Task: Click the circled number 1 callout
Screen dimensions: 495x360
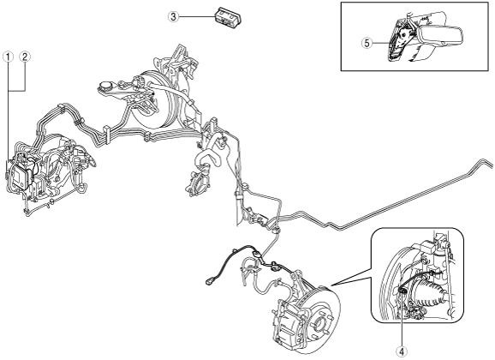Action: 9,57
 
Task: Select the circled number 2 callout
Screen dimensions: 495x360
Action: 25,57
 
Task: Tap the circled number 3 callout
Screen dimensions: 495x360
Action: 173,16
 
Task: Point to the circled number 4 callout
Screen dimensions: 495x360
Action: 402,351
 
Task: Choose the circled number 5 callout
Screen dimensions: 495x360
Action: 367,43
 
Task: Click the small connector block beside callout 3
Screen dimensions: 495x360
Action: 227,16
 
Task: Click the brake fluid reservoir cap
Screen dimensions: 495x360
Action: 105,86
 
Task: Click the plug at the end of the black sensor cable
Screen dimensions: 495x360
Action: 210,279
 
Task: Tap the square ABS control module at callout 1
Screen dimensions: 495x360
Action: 21,175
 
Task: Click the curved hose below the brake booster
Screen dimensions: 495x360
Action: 206,158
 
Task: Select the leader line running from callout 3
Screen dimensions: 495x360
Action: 197,16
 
